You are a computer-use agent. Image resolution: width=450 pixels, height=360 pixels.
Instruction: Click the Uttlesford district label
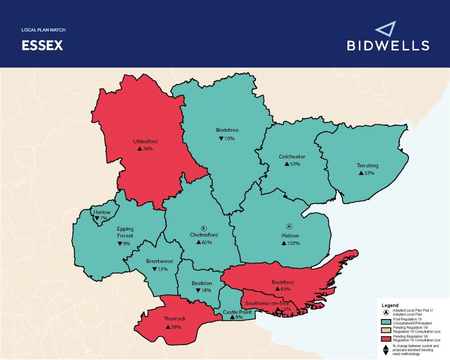[145, 141]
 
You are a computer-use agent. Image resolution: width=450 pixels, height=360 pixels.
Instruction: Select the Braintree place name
[227, 130]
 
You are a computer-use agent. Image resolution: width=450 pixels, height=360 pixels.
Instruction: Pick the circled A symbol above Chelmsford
[203, 228]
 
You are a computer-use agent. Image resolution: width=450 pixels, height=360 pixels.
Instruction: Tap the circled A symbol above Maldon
[289, 226]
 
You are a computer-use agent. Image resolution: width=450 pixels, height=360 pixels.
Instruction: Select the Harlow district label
[102, 212]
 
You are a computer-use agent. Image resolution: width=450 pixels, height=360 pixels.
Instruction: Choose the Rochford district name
[283, 282]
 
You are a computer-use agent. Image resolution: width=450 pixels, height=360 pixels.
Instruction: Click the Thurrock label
[175, 319]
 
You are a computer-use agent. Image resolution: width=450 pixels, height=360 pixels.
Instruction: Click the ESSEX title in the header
[42, 46]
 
